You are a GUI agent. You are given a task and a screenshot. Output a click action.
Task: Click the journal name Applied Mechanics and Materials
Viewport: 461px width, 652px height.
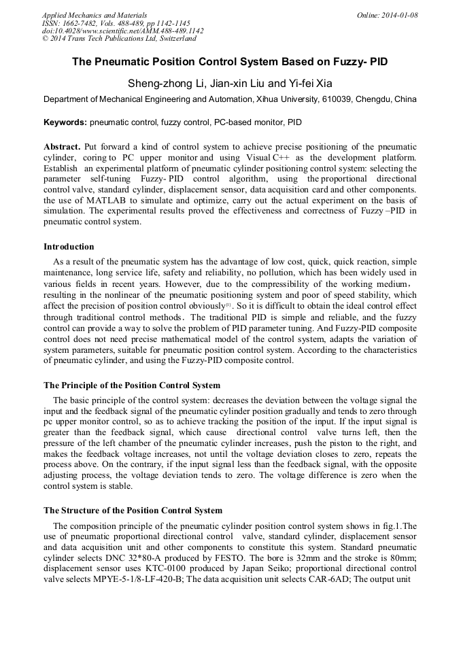95,16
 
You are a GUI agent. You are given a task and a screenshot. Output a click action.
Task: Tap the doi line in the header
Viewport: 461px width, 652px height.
122,31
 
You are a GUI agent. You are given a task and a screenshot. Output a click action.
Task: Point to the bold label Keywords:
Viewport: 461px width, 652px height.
65,123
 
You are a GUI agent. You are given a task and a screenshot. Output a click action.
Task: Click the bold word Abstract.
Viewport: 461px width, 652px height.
62,147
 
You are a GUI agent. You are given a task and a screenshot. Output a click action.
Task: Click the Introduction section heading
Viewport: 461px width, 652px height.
69,247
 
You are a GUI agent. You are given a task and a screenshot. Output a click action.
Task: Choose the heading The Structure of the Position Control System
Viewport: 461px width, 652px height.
133,510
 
